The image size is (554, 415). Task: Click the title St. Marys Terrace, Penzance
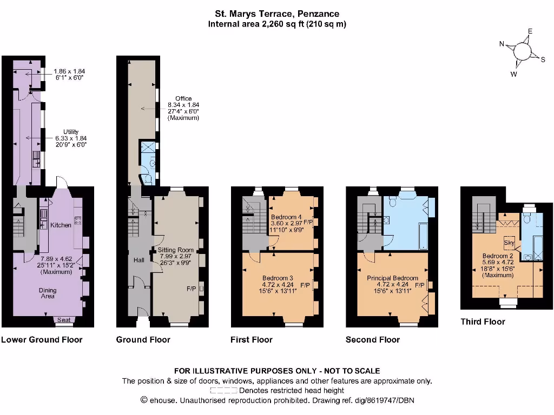tap(276, 14)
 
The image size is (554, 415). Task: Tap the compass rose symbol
tap(523, 51)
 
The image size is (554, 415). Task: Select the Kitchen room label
tap(61, 225)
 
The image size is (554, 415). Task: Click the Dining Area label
tap(47, 293)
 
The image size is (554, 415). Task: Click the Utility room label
tap(71, 131)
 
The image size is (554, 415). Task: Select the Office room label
tap(183, 98)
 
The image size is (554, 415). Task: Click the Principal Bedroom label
tap(390, 278)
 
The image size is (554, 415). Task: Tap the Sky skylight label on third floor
tap(510, 243)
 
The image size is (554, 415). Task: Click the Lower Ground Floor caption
tap(42, 339)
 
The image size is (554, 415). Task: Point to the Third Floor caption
tap(483, 322)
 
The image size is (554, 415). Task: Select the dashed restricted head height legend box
tap(224, 390)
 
